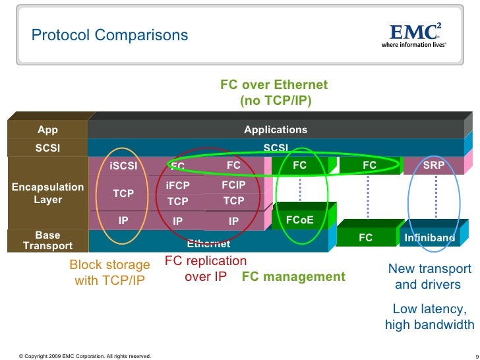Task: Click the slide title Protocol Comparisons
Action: [x=110, y=35]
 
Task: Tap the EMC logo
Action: [x=415, y=34]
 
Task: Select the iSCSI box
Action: [x=123, y=166]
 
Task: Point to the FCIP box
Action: [x=233, y=187]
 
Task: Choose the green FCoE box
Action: [x=299, y=220]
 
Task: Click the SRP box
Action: [x=433, y=165]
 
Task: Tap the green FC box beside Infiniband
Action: [x=365, y=237]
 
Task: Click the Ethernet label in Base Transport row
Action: [x=208, y=244]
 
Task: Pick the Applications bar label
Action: [x=276, y=130]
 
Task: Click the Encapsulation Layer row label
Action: [x=47, y=193]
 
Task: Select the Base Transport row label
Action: [x=47, y=241]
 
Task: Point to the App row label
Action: [x=47, y=130]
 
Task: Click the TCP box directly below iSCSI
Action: [x=123, y=193]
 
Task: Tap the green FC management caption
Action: [x=293, y=277]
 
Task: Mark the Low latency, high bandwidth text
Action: [x=429, y=316]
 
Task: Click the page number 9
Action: [x=476, y=357]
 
